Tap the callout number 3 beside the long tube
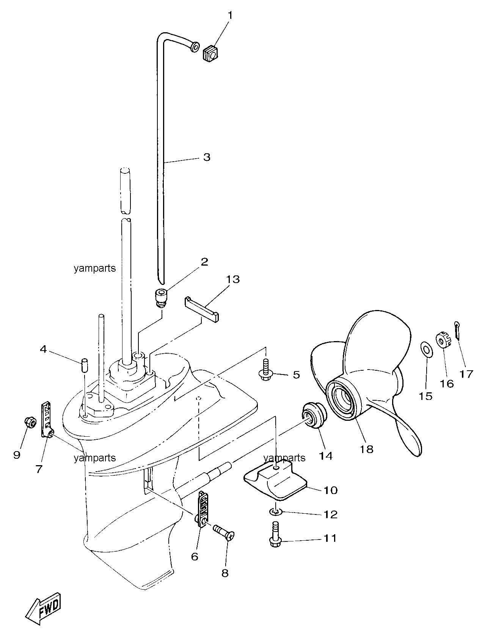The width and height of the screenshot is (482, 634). click(x=207, y=157)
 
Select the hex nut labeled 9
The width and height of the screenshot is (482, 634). click(x=30, y=423)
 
